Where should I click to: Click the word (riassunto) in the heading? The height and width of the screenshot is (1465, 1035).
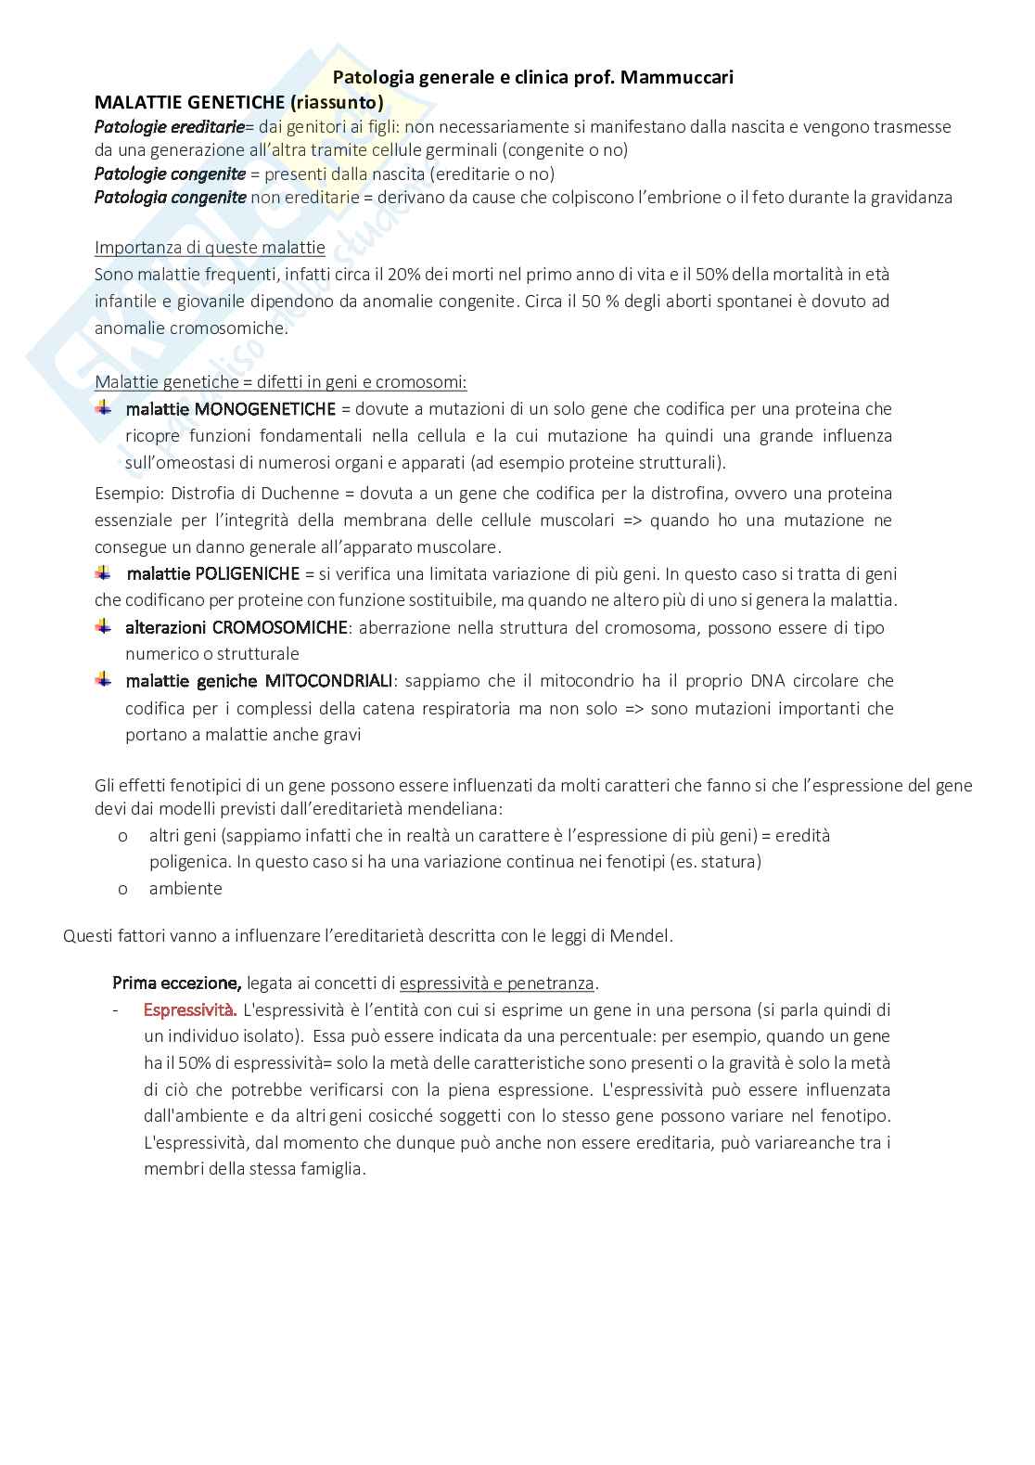pos(338,101)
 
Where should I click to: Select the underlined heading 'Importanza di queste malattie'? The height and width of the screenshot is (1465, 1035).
pos(210,247)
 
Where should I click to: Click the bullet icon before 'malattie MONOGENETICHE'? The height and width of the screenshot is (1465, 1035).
pos(104,408)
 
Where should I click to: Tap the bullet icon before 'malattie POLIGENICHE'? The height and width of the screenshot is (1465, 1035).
pos(104,573)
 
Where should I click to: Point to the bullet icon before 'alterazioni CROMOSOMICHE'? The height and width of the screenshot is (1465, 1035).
pos(104,627)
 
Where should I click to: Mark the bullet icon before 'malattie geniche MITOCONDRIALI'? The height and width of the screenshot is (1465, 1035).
pos(104,681)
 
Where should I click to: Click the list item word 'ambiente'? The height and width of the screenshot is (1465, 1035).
pos(185,888)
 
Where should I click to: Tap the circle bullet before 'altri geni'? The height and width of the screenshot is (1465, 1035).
pos(122,835)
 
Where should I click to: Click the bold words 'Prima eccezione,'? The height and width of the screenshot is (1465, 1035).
pos(177,983)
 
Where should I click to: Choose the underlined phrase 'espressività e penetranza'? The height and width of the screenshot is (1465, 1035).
pos(496,983)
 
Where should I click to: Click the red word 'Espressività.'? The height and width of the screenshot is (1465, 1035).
pos(190,1009)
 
